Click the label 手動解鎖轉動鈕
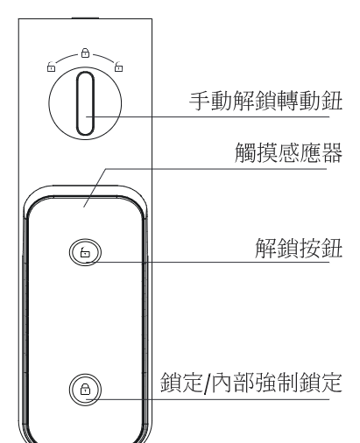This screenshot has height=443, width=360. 265,101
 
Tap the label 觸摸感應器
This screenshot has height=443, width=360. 288,152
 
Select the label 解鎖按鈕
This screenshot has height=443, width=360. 299,248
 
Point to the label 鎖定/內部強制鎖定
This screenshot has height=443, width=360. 251,383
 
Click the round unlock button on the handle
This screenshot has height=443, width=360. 85,252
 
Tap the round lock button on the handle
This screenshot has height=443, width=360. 85,390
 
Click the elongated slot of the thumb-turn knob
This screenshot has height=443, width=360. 85,103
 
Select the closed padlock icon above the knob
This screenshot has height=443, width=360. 85,53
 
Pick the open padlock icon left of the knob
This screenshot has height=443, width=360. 51,67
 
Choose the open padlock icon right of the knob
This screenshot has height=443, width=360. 118,67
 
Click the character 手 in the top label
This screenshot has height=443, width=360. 200,101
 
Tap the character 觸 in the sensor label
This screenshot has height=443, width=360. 245,152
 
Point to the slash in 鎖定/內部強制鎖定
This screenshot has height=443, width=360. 207,383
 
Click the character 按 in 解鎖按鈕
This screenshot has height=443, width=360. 309,248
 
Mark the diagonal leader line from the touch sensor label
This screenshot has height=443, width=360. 95,187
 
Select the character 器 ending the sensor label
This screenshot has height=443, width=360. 332,152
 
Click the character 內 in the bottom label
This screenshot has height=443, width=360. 222,383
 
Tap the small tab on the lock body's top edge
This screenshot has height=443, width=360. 85,18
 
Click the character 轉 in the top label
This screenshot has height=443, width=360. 287,101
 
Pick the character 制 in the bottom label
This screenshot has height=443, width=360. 287,383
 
